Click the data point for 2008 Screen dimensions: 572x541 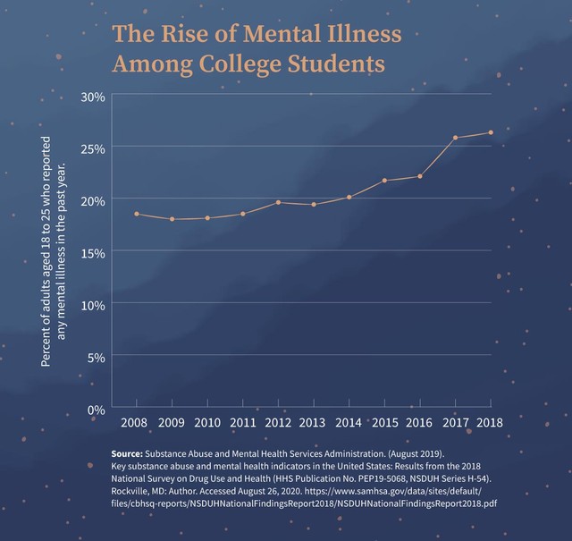(x=137, y=214)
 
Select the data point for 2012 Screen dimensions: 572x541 (x=278, y=202)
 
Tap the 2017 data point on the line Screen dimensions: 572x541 (x=455, y=138)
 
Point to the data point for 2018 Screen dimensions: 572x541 (x=491, y=132)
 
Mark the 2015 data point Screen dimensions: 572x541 (x=384, y=181)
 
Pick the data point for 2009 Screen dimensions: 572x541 (x=172, y=219)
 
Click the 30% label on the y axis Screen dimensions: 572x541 (x=93, y=97)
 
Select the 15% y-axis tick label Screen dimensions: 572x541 (x=93, y=253)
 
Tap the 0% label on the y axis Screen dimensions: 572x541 (x=97, y=410)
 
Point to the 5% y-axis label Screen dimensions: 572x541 (x=97, y=358)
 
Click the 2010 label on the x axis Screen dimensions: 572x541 (x=207, y=423)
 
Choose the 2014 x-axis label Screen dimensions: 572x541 (x=349, y=423)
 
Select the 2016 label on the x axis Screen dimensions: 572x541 (x=419, y=423)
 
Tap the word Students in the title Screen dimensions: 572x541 (x=336, y=63)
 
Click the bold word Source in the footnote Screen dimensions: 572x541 (x=127, y=453)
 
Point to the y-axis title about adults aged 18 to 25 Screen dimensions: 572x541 (x=54, y=251)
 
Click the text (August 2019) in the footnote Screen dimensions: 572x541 (x=416, y=453)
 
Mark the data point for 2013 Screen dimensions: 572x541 (x=314, y=205)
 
